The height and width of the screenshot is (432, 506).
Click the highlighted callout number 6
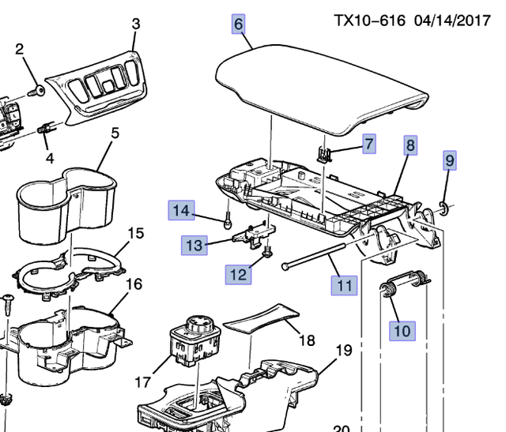pos(238,24)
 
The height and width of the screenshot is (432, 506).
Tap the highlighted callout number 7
pos(369,143)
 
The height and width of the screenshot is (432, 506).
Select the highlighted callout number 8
pos(410,145)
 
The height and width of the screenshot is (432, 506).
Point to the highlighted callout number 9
pos(450,161)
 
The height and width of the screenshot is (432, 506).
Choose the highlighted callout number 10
pos(402,330)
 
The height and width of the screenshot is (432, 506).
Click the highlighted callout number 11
pos(343,284)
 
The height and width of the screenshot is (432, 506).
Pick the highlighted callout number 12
pos(239,274)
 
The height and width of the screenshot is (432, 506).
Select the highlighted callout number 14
pos(182,210)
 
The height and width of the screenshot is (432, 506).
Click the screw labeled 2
pos(36,92)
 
